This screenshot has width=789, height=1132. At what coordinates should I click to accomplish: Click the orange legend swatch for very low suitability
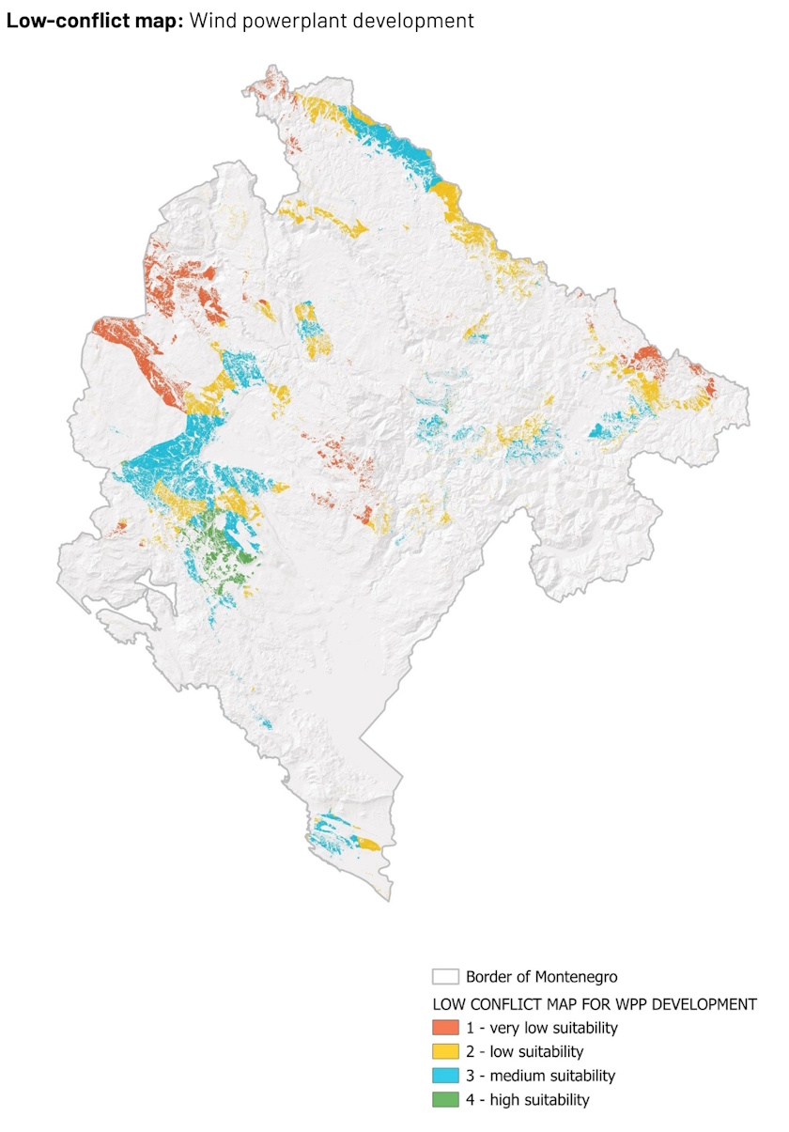(x=445, y=1027)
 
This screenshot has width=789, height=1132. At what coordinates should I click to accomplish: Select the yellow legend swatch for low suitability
(x=445, y=1051)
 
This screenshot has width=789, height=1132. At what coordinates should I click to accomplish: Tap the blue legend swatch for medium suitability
(x=445, y=1076)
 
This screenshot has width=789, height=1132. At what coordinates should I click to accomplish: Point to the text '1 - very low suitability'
(x=542, y=1027)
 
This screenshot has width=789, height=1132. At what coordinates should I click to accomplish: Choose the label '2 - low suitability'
(x=524, y=1051)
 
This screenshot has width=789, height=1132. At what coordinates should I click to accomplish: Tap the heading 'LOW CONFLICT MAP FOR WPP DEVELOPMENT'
(x=594, y=1003)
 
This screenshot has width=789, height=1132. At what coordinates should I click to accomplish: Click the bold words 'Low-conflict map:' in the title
(x=95, y=20)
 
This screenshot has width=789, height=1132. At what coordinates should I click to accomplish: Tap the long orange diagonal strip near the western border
(x=141, y=357)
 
